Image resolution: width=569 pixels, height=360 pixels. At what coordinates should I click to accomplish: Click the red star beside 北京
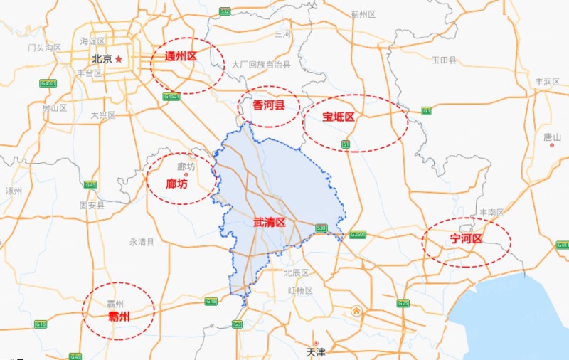coord(119,59)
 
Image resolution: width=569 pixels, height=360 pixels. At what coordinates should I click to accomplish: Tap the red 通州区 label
coord(180,55)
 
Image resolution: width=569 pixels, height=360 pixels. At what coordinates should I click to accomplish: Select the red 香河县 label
coord(269,105)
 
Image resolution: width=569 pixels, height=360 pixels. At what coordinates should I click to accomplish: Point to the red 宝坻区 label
coord(338,117)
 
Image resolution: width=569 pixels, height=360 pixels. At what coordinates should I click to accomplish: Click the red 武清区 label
coord(269,223)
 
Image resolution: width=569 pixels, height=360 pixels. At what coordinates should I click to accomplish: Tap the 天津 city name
coord(315,351)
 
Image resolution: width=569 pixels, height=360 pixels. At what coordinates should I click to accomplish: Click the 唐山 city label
coord(552,136)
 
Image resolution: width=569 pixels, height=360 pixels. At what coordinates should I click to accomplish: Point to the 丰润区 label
coord(548,82)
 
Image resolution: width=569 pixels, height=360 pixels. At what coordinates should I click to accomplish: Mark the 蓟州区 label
coord(363,14)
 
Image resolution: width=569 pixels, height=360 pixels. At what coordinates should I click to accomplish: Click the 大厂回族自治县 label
coord(261,65)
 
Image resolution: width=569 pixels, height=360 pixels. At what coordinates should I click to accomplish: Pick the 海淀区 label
coord(92,41)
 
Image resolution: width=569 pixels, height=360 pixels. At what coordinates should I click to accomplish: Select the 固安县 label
coord(92,205)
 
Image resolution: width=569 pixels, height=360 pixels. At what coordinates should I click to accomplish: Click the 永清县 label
coord(142,242)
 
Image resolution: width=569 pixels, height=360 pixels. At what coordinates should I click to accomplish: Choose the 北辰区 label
coord(296,272)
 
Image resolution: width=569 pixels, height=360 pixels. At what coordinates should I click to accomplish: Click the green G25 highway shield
coord(403,304)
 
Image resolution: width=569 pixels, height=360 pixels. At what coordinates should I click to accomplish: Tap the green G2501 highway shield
coord(357,235)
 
